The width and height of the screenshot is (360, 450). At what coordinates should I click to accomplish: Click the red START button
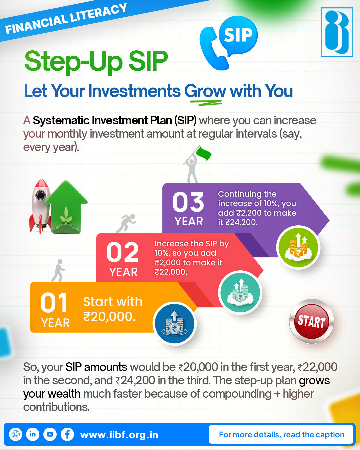click(x=311, y=321)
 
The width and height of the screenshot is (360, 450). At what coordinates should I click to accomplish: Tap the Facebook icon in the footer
click(x=67, y=434)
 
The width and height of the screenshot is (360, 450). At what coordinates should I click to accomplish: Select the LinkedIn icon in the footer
click(x=33, y=434)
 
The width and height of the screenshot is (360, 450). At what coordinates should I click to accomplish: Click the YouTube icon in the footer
click(x=50, y=434)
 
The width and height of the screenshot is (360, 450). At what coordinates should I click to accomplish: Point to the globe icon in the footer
click(x=15, y=434)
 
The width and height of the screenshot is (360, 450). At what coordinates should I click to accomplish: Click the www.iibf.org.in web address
click(x=119, y=435)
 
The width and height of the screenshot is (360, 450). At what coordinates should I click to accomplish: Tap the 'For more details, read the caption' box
click(x=281, y=434)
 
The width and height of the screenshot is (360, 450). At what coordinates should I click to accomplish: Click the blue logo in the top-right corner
click(x=337, y=32)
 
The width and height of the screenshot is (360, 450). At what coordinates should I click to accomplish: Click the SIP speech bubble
click(x=238, y=35)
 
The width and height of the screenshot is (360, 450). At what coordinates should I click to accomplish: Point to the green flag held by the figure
click(x=204, y=154)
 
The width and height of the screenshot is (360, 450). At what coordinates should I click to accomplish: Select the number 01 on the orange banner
click(x=54, y=303)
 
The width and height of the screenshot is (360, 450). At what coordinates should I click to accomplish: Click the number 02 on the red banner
click(x=122, y=252)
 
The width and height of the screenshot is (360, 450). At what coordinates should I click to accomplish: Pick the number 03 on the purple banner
click(x=188, y=202)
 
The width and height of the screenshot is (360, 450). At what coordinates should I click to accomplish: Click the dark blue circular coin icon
click(x=174, y=323)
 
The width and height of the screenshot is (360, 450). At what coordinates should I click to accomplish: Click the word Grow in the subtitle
click(x=205, y=91)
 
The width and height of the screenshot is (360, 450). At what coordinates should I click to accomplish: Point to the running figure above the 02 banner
click(x=126, y=223)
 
